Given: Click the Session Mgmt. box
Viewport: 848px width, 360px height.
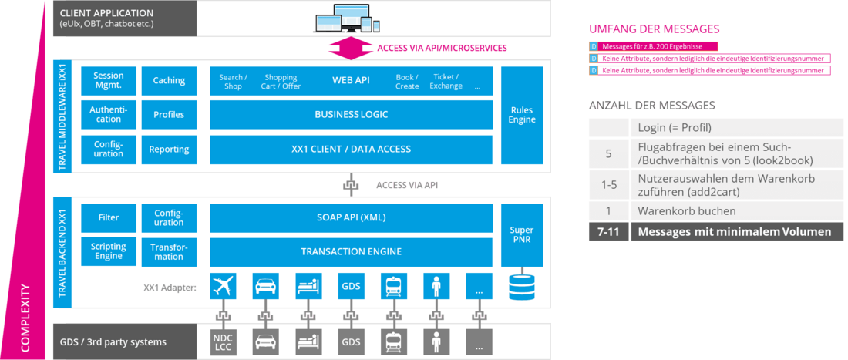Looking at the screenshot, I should pyautogui.click(x=108, y=81).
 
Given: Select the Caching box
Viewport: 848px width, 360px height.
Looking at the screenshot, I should pyautogui.click(x=169, y=81).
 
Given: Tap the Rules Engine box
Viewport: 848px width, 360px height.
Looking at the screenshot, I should pyautogui.click(x=522, y=115).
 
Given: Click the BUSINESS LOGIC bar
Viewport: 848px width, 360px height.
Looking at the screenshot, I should pyautogui.click(x=351, y=115).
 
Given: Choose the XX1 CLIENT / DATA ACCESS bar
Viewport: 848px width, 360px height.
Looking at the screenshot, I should pyautogui.click(x=351, y=149).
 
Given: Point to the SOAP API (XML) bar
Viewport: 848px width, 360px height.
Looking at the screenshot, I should pyautogui.click(x=351, y=217).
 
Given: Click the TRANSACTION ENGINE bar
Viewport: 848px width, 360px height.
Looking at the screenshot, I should pyautogui.click(x=351, y=251).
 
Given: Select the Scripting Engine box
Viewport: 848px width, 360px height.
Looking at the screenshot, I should pyautogui.click(x=108, y=251).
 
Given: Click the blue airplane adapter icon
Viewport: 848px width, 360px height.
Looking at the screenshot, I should pyautogui.click(x=223, y=286).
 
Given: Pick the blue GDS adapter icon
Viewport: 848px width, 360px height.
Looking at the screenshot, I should pyautogui.click(x=351, y=286).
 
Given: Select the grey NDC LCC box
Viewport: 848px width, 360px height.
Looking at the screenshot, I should pyautogui.click(x=223, y=341).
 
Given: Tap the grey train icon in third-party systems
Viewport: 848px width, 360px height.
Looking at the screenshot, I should pyautogui.click(x=394, y=341).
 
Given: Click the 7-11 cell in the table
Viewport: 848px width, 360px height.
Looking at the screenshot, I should pyautogui.click(x=608, y=231).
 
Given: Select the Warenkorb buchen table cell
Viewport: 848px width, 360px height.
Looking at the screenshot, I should pyautogui.click(x=686, y=210).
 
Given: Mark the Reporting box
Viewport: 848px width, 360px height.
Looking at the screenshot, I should pyautogui.click(x=169, y=150).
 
